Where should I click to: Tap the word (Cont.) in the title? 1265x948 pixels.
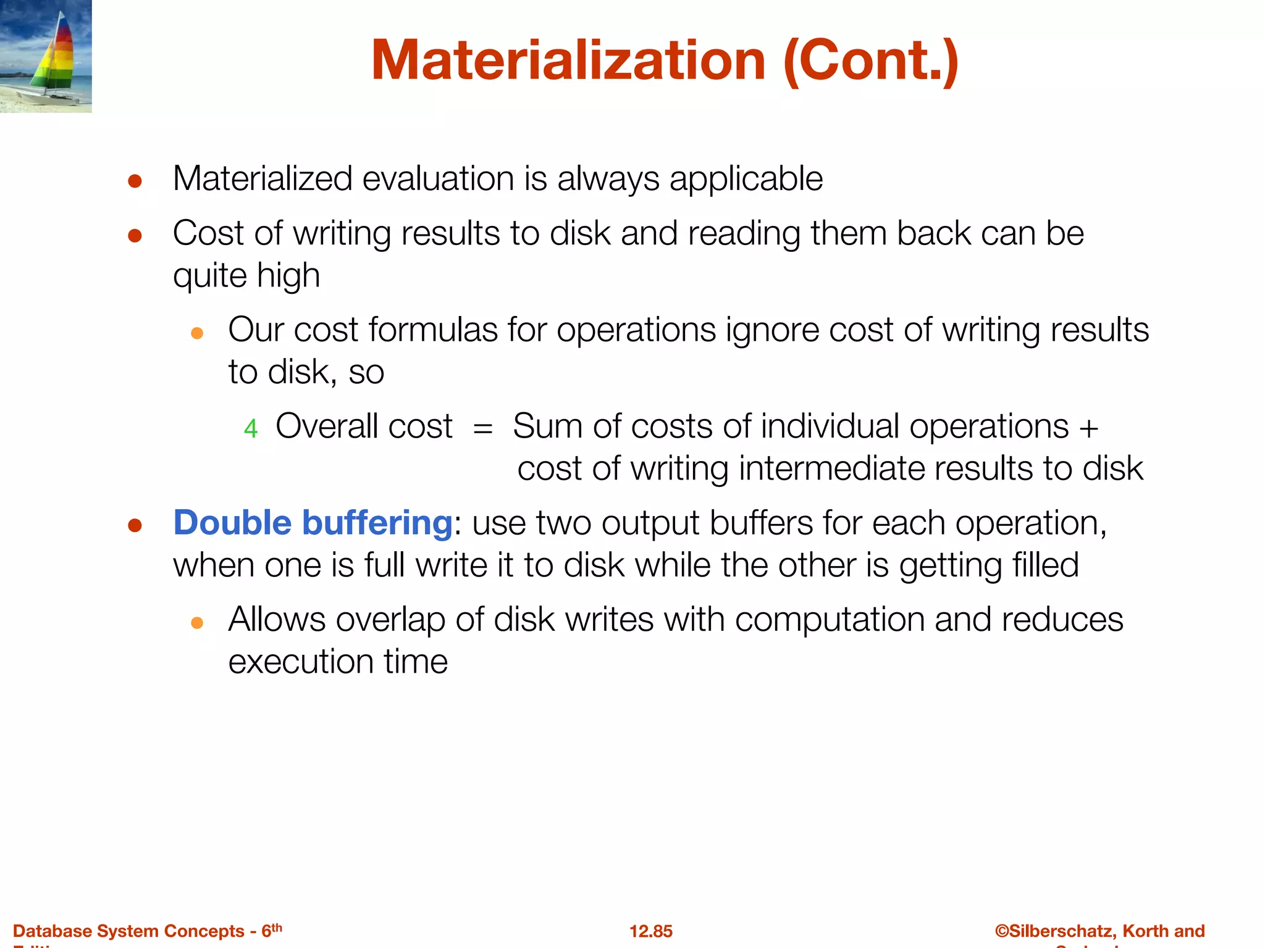[x=871, y=60]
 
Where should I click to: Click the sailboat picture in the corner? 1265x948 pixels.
[x=46, y=56]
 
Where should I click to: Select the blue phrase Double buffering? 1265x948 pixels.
[x=313, y=523]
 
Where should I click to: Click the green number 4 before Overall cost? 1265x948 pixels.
[x=250, y=428]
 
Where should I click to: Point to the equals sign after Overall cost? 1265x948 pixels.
[x=482, y=428]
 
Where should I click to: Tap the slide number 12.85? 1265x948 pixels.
[x=650, y=931]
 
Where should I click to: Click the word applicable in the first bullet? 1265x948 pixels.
[x=746, y=180]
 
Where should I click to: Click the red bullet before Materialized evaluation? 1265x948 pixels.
[x=135, y=181]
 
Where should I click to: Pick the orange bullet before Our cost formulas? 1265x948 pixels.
[x=197, y=333]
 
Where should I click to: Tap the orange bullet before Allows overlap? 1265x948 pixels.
[x=197, y=623]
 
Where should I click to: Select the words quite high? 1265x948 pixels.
[x=246, y=276]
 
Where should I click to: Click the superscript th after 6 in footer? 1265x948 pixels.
[x=277, y=927]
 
